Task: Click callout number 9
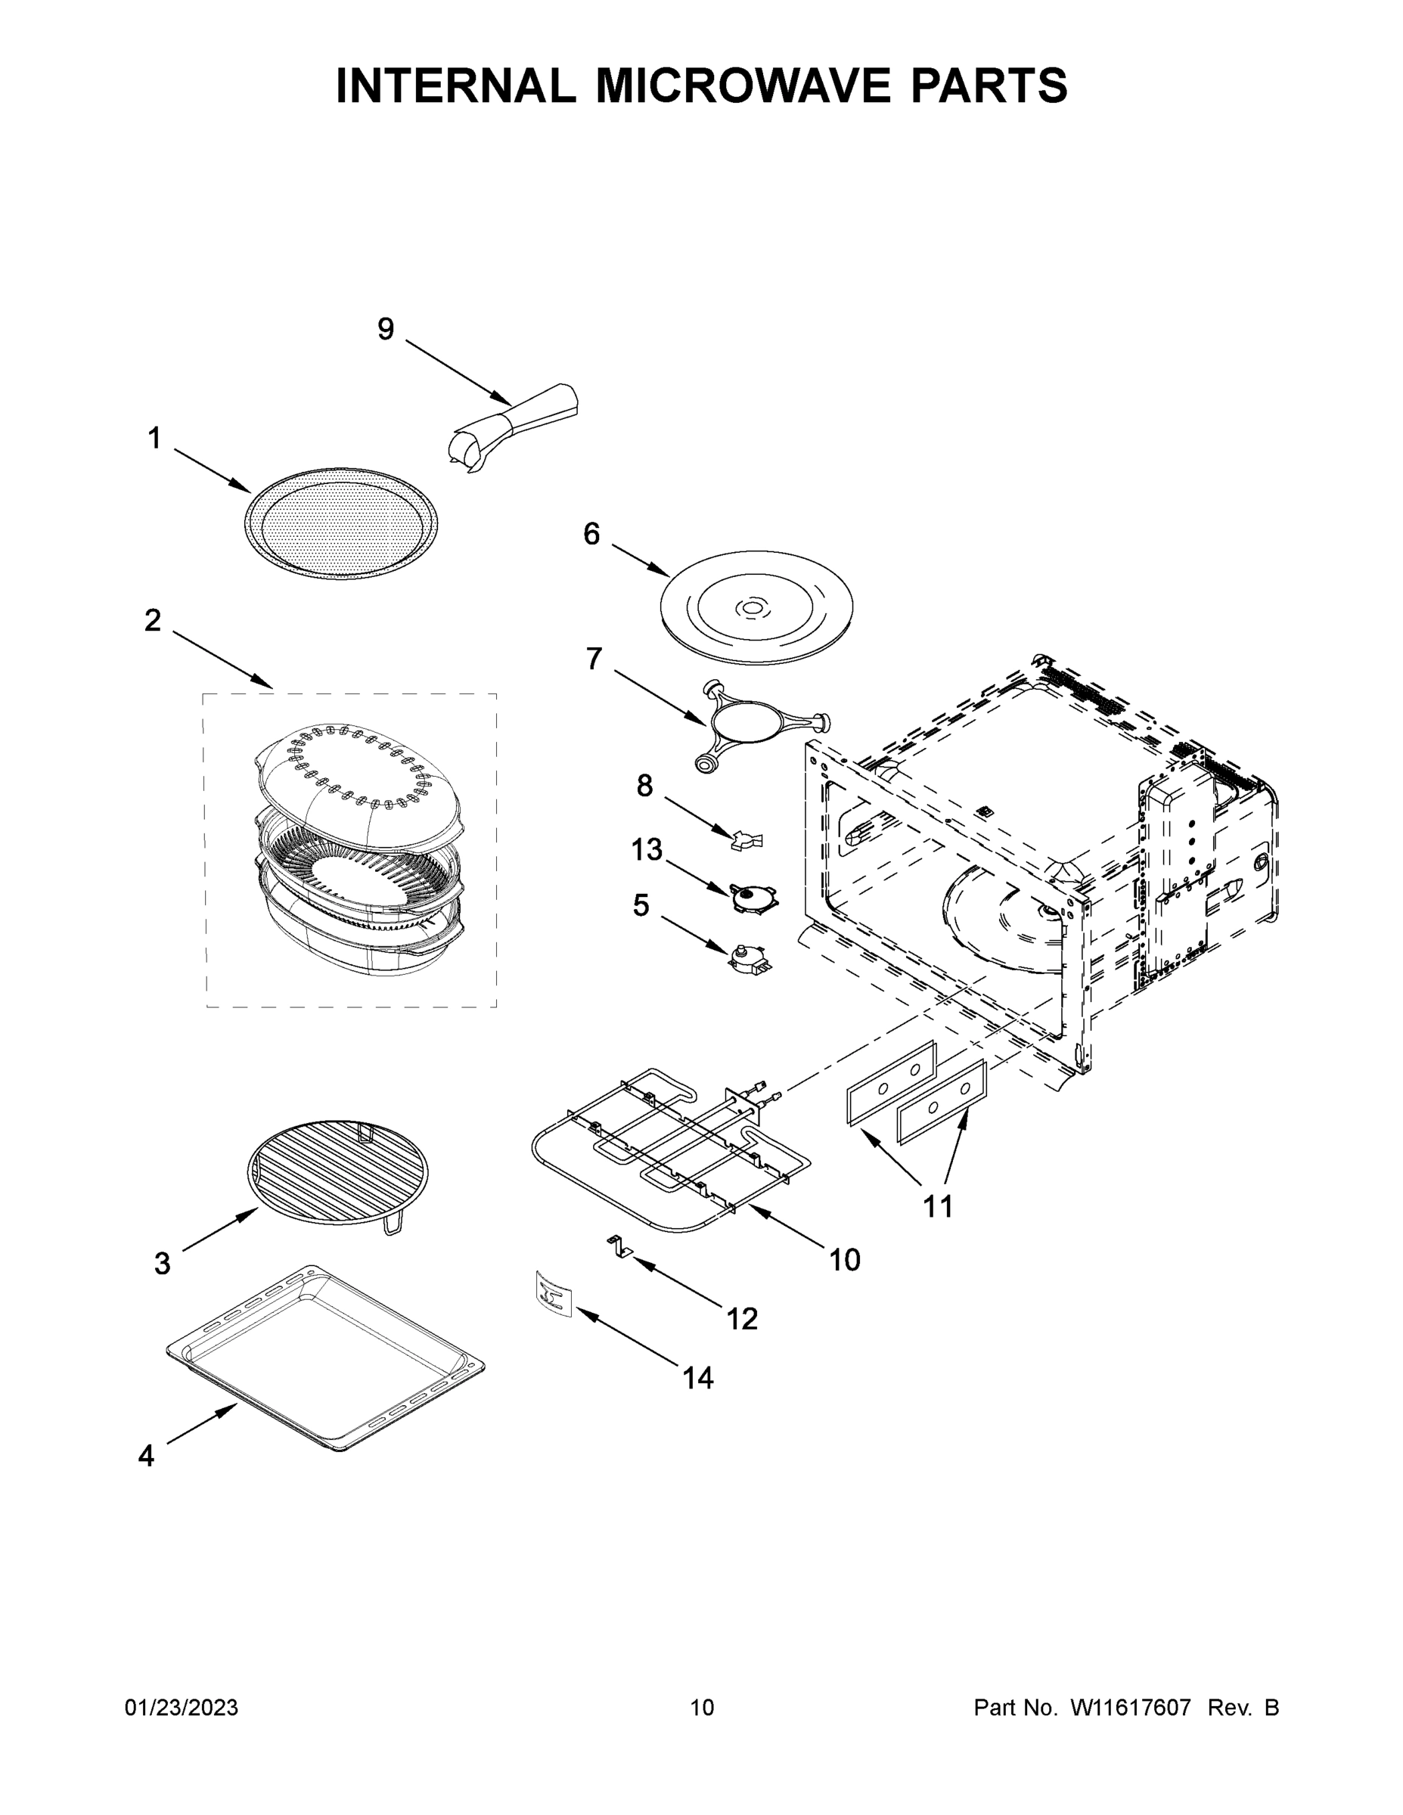tap(386, 330)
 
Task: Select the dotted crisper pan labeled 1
tap(341, 524)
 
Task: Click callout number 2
tap(153, 620)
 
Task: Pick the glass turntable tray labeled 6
tap(756, 607)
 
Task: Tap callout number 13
tap(647, 850)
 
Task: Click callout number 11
tap(938, 1206)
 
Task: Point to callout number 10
tap(845, 1260)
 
